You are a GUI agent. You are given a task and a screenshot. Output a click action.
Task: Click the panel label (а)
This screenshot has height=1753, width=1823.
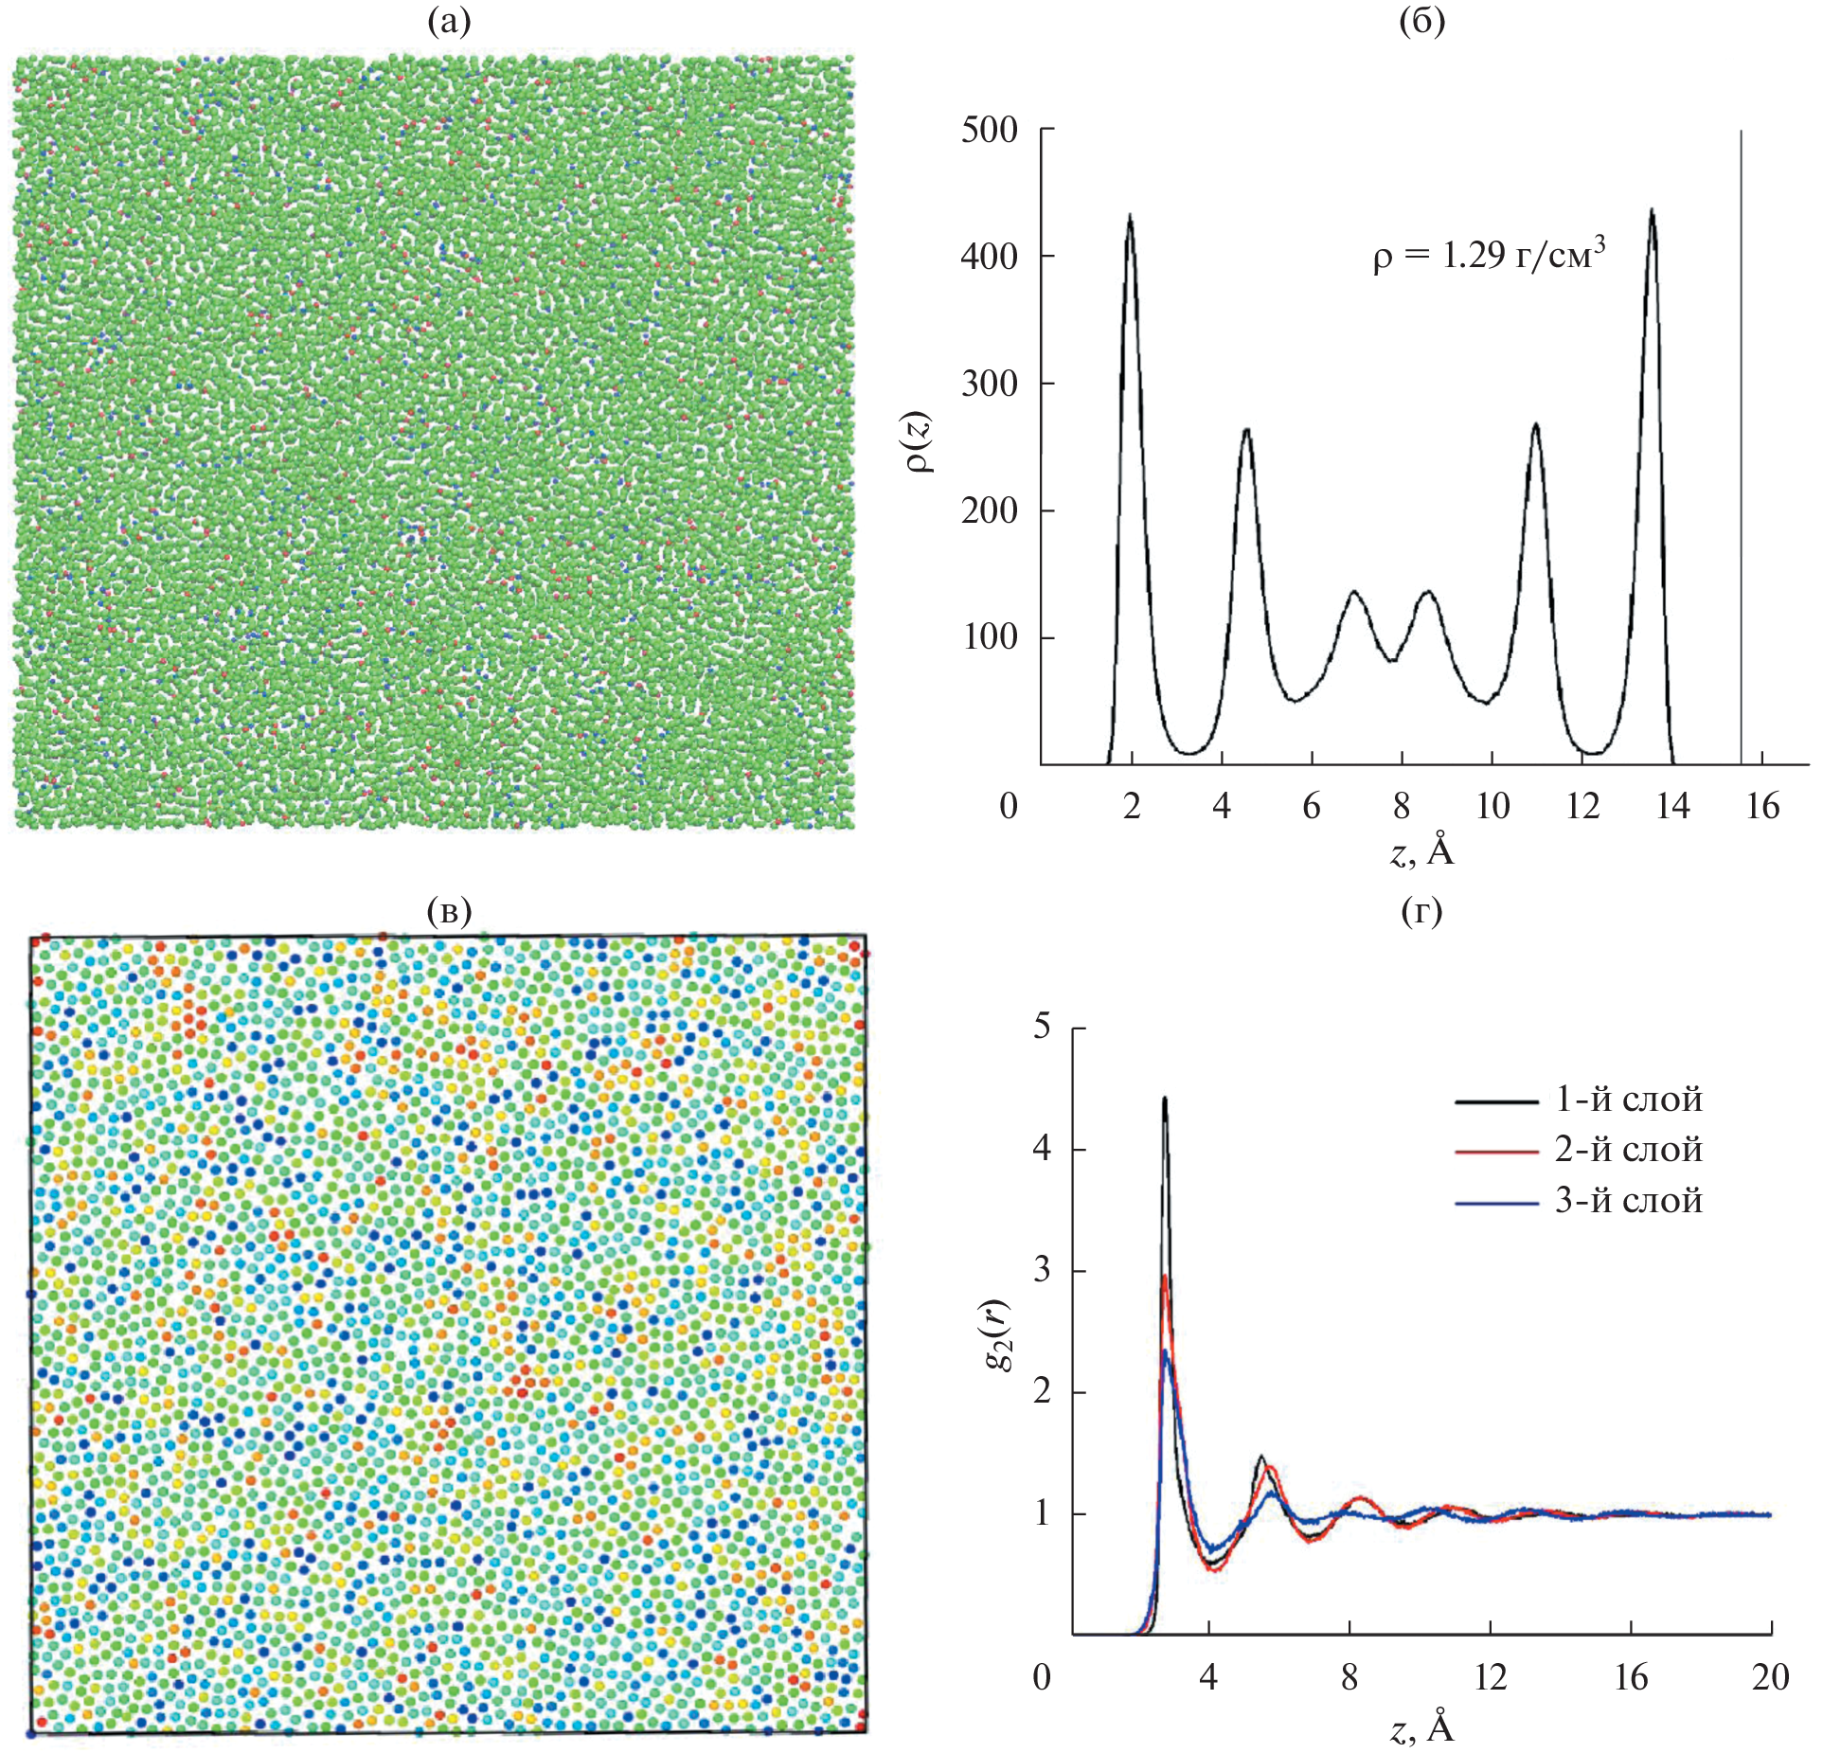(448, 22)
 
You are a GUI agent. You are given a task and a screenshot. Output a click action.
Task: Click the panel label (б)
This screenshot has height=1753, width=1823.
(1421, 22)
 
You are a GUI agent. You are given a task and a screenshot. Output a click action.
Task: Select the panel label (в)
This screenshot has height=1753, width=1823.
(448, 910)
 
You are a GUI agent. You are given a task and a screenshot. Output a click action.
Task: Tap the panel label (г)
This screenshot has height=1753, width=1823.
(1421, 910)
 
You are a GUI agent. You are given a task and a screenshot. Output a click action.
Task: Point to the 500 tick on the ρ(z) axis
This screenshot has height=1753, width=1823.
(989, 130)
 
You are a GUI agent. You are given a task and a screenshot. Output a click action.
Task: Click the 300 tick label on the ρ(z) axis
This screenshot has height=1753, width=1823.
(989, 384)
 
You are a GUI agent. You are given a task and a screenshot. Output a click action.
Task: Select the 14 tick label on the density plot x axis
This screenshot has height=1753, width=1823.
(1672, 806)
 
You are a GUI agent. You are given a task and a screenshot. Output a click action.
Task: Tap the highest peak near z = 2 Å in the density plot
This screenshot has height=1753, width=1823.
(1130, 217)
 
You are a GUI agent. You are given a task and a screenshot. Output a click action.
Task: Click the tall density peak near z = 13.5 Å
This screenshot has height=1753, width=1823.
(1652, 211)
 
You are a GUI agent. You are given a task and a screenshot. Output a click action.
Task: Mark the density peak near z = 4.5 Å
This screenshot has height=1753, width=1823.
(1246, 431)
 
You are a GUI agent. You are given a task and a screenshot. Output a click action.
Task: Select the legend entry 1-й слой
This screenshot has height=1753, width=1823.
(1628, 1099)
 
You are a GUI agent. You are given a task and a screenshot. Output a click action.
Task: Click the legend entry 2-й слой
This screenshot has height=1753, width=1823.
(1628, 1150)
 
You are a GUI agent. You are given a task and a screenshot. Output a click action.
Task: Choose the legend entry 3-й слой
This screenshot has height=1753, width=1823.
(1628, 1201)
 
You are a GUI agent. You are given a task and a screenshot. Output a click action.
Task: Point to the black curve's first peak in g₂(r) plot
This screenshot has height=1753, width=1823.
(1165, 1100)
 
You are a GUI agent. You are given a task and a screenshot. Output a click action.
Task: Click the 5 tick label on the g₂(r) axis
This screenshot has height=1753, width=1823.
(1043, 1027)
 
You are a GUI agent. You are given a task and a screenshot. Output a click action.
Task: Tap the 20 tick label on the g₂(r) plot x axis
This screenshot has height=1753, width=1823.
(1770, 1677)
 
